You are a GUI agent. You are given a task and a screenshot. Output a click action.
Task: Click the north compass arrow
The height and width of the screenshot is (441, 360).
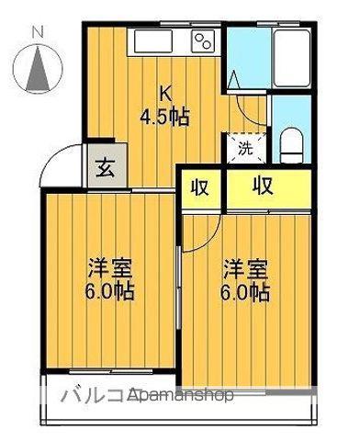(39, 68)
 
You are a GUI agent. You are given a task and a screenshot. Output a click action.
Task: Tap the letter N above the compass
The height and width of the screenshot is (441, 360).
(38, 32)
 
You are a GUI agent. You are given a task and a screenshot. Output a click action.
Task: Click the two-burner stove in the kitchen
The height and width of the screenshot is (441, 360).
(203, 41)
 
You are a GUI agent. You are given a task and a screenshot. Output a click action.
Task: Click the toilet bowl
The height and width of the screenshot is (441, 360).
(292, 142)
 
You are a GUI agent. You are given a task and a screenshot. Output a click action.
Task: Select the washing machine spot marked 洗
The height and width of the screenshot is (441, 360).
(244, 147)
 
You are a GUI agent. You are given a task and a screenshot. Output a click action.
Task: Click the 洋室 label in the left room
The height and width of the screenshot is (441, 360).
(107, 270)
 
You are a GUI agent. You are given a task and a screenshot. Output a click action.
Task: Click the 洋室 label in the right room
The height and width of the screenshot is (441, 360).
(245, 270)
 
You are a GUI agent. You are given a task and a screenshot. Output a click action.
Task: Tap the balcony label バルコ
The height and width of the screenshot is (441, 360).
(92, 396)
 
